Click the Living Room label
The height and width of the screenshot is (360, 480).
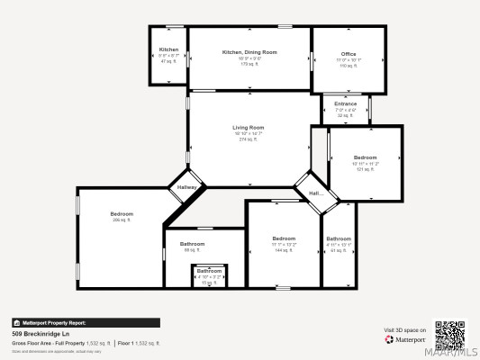(249, 128)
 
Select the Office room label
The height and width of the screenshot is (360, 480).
(348, 54)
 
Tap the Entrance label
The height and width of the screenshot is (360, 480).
(346, 103)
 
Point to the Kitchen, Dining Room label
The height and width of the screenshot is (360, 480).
(249, 52)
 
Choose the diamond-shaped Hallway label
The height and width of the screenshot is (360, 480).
(186, 187)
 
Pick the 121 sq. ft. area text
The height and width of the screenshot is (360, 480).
(366, 169)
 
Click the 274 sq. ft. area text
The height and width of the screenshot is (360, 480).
(249, 139)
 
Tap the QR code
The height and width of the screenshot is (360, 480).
(450, 335)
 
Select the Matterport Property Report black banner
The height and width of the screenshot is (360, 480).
(86, 322)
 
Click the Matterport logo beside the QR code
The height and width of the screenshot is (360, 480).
(405, 339)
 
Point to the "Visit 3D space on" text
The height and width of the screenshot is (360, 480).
(404, 330)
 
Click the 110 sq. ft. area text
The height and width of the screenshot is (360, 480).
(348, 66)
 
